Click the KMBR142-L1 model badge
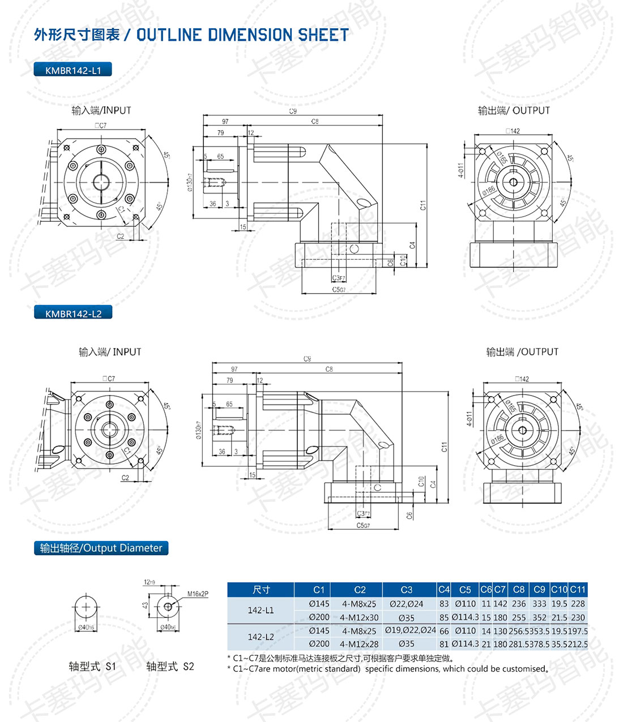tap(72, 70)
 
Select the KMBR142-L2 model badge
tap(73, 313)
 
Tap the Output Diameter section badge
tap(101, 548)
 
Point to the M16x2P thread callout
tap(198, 594)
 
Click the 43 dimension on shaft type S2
tap(146, 605)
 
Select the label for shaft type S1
tap(92, 667)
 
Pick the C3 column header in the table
tap(406, 590)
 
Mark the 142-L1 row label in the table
tap(261, 611)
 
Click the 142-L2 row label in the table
tap(261, 637)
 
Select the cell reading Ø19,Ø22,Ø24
tap(410, 630)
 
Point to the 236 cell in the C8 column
tap(519, 604)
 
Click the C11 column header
tap(578, 590)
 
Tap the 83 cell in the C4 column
tap(444, 604)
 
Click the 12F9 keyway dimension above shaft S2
tap(150, 582)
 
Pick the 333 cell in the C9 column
tap(539, 604)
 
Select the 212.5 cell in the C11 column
tap(578, 644)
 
